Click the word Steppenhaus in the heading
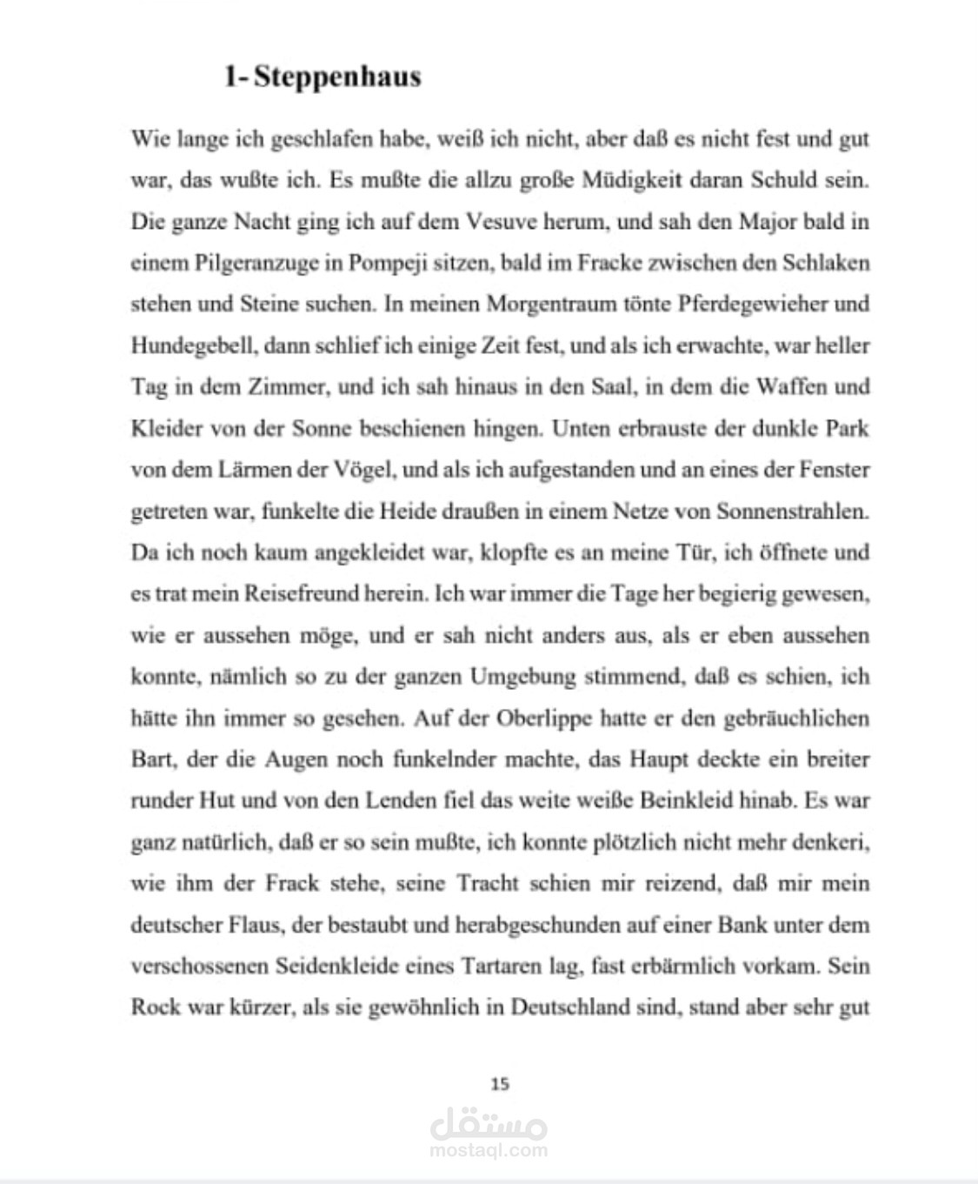pos(337,77)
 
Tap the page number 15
pos(500,1083)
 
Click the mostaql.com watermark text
pos(489,1150)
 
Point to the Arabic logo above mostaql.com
pos(489,1124)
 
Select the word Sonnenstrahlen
pos(792,511)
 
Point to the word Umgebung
pos(522,677)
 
